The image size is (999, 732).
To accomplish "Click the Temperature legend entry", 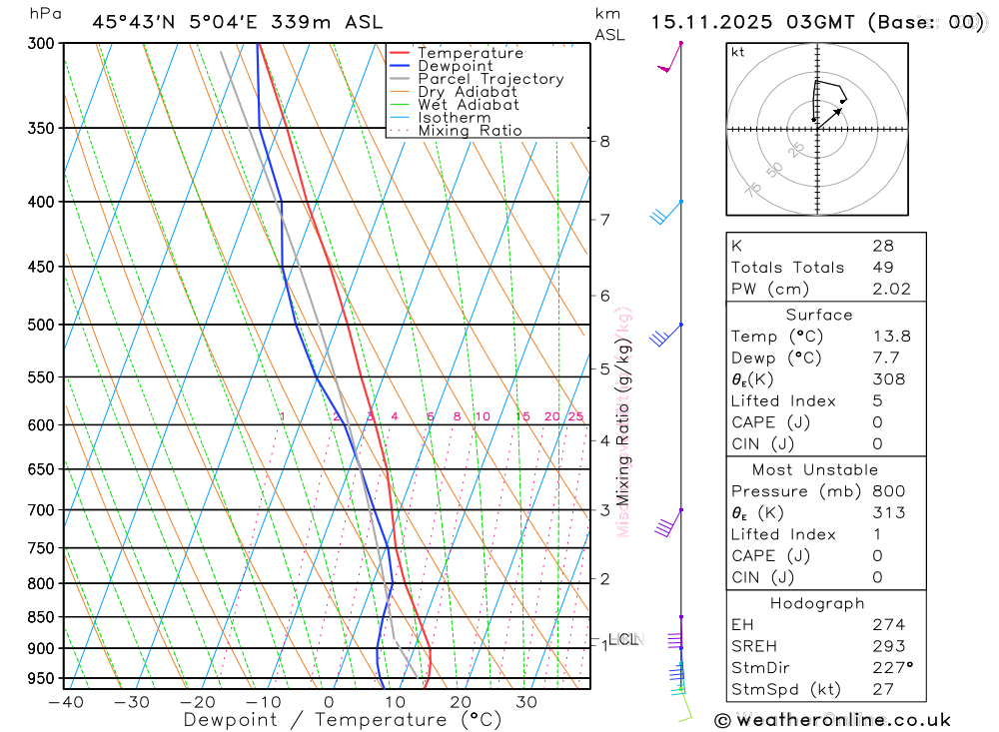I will point(470,53).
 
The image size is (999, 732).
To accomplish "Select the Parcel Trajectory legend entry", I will point(491,79).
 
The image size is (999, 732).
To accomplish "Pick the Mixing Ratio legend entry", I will point(470,131).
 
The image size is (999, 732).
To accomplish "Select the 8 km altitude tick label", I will point(605,141).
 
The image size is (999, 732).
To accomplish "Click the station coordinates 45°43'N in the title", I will point(129,22).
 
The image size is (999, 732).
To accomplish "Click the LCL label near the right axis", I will point(623,639).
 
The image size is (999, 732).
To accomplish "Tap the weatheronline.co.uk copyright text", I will point(833,720).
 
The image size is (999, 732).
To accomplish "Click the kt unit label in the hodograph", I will point(738,52).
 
